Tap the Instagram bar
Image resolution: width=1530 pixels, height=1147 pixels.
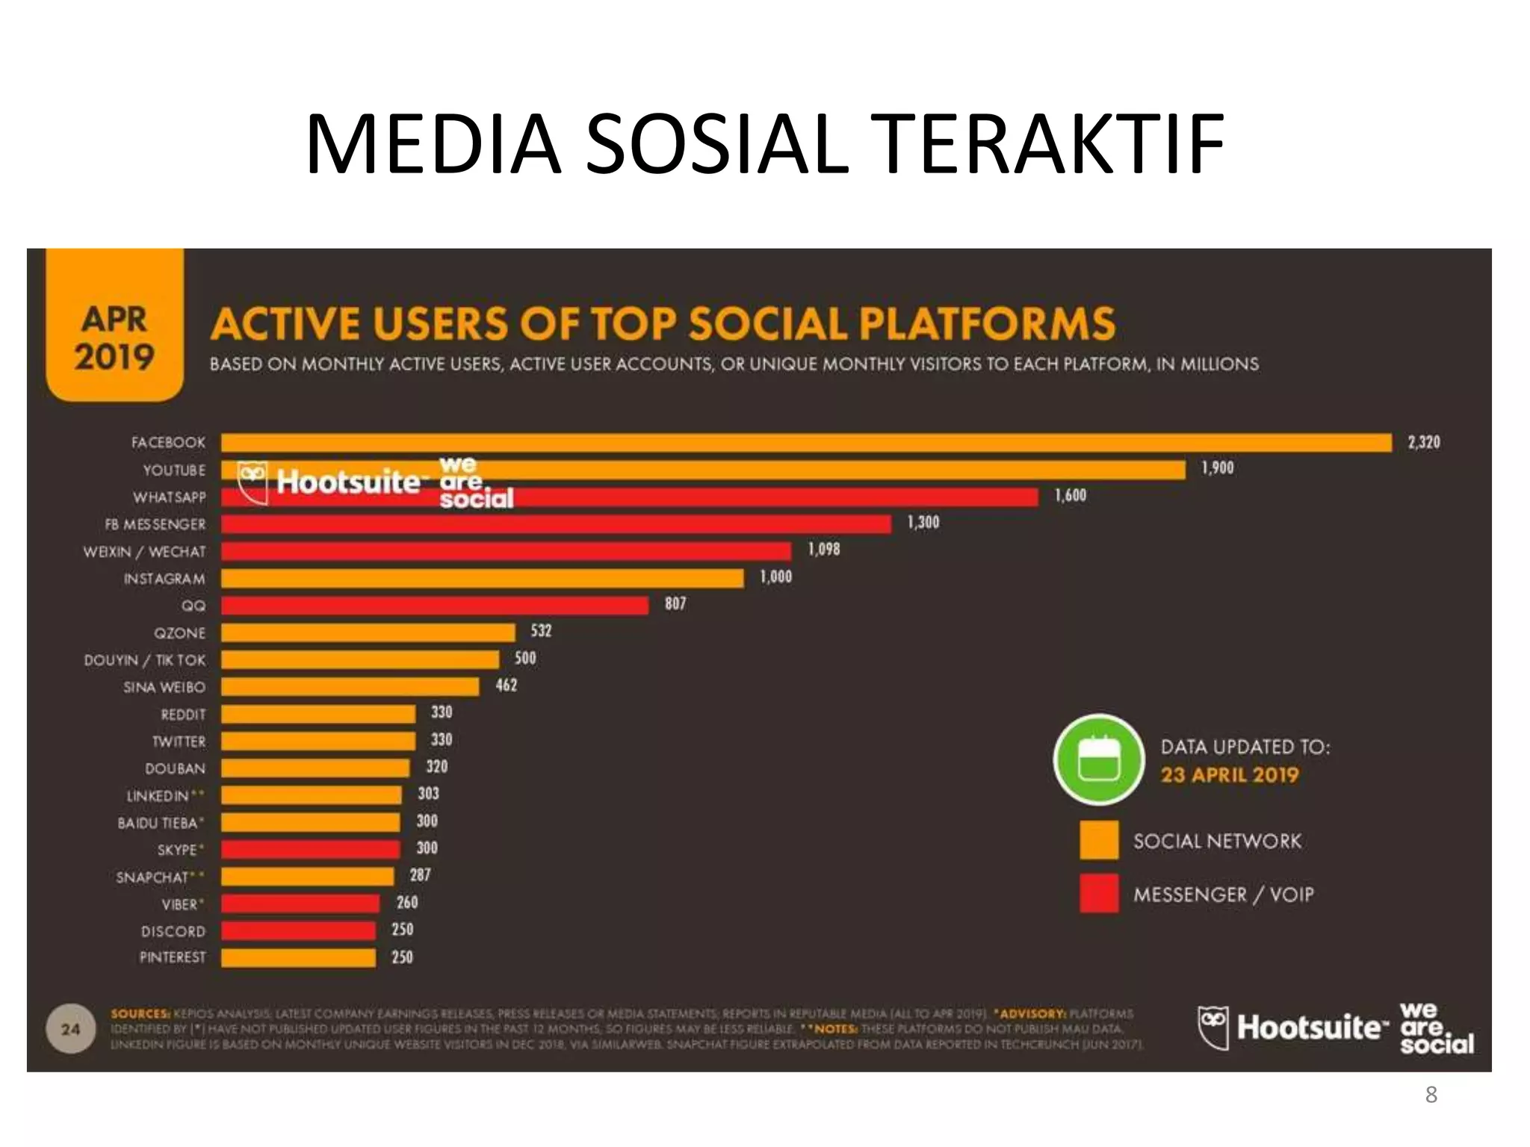click(482, 579)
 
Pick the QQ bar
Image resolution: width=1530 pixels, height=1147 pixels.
click(434, 606)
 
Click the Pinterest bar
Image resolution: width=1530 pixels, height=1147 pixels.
click(298, 958)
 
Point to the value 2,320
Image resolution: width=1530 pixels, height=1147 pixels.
click(1423, 442)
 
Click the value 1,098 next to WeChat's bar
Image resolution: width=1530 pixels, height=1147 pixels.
click(823, 550)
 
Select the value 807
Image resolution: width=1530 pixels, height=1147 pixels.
click(675, 603)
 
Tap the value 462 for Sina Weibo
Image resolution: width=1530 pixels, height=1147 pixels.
click(506, 685)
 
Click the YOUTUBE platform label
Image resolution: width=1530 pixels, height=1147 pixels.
click(174, 470)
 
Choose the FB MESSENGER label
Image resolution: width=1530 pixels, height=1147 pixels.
click(155, 525)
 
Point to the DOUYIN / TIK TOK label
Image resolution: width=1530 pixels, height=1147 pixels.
click(144, 660)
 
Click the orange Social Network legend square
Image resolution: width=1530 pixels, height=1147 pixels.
click(1098, 840)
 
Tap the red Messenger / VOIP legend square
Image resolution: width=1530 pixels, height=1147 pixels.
click(1098, 894)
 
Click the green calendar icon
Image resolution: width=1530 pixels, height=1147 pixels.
click(1098, 759)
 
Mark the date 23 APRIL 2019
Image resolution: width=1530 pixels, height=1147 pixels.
click(1229, 775)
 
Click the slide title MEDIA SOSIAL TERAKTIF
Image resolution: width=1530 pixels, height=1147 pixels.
click(764, 143)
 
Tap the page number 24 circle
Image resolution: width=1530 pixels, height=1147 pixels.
click(70, 1029)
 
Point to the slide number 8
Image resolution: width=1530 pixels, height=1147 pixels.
click(1431, 1095)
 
